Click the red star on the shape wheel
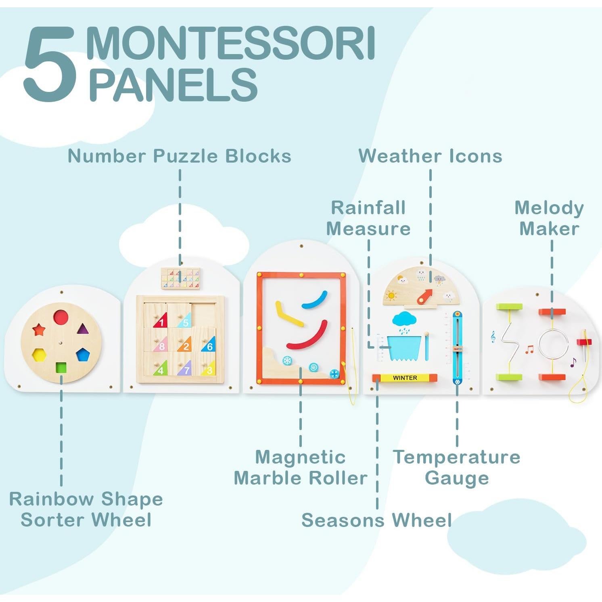tap(39, 330)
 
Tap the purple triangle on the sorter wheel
tap(82, 329)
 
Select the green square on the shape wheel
tap(61, 368)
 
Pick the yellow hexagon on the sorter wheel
tap(39, 355)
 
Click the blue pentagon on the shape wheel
tap(82, 355)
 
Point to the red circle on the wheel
tap(61, 317)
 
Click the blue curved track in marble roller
tap(315, 299)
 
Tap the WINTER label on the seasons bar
tap(405, 378)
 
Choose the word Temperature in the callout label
tap(457, 457)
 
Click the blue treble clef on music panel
tap(493, 337)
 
